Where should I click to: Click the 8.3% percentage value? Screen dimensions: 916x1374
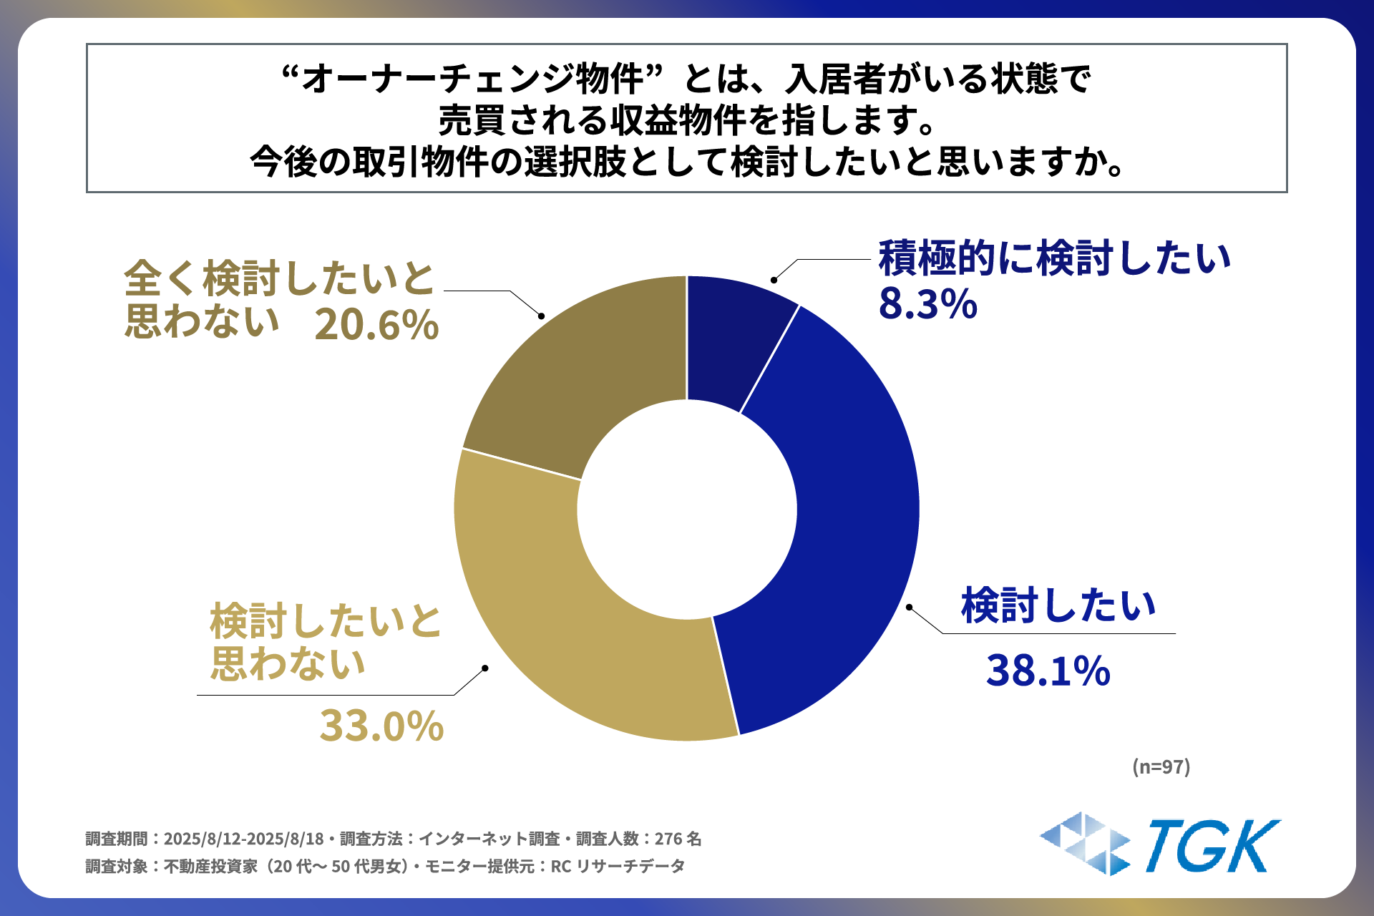(x=927, y=304)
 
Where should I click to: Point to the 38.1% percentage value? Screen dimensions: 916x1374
(x=1048, y=671)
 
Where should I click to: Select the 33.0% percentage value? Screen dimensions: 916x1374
(x=381, y=726)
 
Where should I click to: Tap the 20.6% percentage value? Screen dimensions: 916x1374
(x=376, y=326)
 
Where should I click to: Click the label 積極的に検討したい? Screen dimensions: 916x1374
(x=1054, y=258)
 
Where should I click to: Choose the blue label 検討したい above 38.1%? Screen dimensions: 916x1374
(x=1058, y=605)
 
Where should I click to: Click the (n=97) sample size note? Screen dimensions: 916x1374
(x=1161, y=767)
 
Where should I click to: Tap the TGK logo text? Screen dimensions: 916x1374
(x=1212, y=847)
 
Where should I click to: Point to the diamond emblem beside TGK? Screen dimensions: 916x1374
(x=1085, y=844)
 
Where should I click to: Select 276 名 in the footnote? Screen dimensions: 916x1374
(x=678, y=839)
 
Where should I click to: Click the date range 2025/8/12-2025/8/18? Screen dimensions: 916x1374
(x=243, y=839)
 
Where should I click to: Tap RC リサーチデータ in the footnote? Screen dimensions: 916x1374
(x=618, y=867)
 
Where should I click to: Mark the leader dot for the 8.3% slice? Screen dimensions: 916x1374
(x=774, y=280)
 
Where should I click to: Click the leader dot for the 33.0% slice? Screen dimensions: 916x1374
(x=485, y=668)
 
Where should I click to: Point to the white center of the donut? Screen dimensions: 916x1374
(x=687, y=509)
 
